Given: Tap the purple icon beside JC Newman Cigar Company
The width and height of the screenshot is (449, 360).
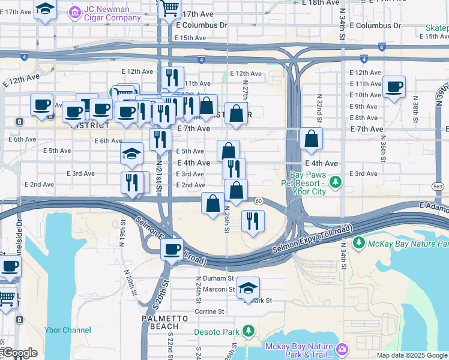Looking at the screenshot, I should pos(75,11).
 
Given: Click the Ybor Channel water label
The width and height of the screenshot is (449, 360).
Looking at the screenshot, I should pos(68,329).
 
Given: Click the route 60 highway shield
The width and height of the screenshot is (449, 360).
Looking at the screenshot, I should pos(258,200).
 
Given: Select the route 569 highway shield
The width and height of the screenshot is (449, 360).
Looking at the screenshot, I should pos(440,187).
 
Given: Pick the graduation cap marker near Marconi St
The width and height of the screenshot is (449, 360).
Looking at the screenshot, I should pos(248,289).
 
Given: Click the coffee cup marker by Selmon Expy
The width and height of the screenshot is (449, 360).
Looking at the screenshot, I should pos(172,248).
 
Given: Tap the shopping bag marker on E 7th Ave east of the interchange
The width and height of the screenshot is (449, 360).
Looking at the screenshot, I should pos(311,139).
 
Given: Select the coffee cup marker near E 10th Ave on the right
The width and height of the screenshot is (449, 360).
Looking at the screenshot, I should pos(394,87).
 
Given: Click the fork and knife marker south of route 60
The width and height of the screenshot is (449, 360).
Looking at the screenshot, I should pos(253,220).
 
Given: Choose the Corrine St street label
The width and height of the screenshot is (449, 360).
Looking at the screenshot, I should pos(209,311).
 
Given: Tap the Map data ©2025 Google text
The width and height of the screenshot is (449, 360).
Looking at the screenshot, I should pos(412,355).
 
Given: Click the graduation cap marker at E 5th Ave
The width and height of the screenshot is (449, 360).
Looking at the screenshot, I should pos(132,154).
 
